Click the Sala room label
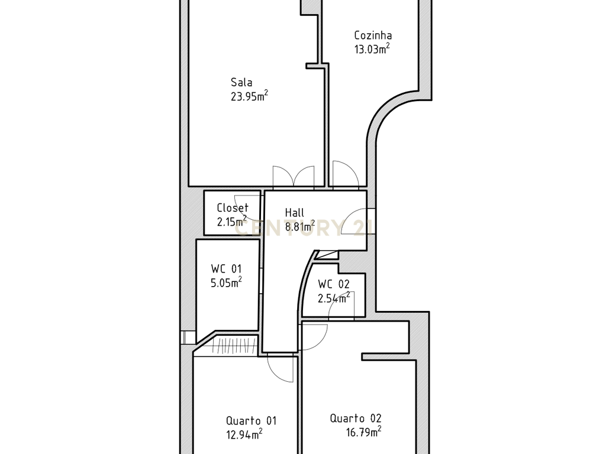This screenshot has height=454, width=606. pos(241,82)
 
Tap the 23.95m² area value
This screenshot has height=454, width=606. pos(249,96)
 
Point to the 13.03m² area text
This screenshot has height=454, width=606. pos(372,49)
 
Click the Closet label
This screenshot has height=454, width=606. pos(232,207)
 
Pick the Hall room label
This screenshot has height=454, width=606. pos(295,212)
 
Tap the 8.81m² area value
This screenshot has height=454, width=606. pos(300,226)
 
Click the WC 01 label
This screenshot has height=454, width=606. pos(227,269)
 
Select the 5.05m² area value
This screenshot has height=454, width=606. pos(227,282)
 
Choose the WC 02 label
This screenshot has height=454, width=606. pos(334,284)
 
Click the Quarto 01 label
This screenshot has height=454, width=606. pos(251,420)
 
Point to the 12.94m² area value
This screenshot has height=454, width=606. pos(244,434)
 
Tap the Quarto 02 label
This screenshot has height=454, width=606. pos(356,418)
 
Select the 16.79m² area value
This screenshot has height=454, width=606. pos(364,432)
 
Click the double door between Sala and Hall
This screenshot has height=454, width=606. pos(294,177)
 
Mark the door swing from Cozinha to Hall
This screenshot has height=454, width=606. pos(345,175)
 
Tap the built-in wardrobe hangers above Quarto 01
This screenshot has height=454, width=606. pos(234,346)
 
